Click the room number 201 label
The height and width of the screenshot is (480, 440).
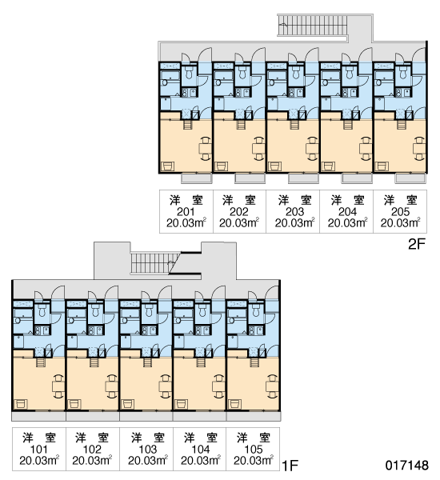coord(186,211)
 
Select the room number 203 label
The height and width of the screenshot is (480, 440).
coord(294,211)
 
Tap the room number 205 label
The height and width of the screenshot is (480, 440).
coord(400,211)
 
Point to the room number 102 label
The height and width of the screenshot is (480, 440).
coord(92,449)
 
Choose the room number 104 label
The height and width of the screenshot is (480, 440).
coord(201,449)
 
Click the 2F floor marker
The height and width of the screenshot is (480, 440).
coord(417,244)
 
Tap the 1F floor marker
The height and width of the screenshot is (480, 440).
coord(290,466)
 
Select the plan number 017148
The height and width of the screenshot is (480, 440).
coord(407,466)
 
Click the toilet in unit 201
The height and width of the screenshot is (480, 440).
coord(188,73)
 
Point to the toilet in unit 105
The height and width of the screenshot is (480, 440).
coord(255,310)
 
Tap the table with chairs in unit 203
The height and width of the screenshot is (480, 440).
coord(312,149)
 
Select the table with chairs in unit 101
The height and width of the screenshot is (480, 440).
coord(58,386)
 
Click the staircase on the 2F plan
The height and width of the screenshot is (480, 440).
coord(313,25)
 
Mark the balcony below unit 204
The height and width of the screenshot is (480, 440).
coord(357,178)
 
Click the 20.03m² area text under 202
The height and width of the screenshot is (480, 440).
coord(239,223)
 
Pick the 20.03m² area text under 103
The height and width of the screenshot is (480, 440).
coord(148,461)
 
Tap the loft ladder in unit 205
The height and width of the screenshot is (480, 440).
coord(401,124)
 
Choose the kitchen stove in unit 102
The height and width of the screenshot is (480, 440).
coord(91,330)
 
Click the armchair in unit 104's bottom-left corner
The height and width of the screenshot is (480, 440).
coord(182,404)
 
